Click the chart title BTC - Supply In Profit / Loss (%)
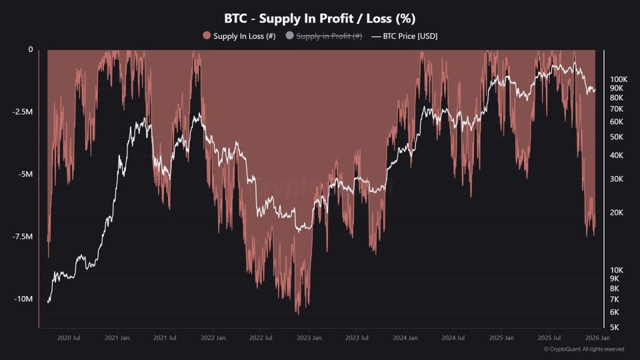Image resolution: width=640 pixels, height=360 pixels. pos(319,18)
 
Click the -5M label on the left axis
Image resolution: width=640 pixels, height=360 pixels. pos(26,174)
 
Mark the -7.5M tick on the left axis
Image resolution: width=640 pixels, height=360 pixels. pos(22,237)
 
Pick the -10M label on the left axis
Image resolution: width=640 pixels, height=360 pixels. pos(24,299)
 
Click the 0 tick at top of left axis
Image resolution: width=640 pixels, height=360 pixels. pos(30,50)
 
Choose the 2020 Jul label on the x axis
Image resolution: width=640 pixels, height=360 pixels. pos(68,338)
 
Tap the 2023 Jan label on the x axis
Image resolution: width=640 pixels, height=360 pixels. pos(309,338)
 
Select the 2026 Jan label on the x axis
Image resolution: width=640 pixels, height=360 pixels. pos(598,338)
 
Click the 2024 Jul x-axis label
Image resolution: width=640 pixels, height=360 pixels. pos(453,338)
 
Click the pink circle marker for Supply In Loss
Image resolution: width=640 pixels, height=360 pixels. pos(207,36)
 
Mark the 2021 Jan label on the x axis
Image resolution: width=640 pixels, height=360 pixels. pos(117,338)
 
